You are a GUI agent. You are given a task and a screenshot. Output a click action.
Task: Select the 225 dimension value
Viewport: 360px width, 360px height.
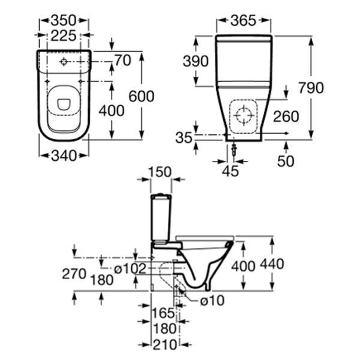(64, 37)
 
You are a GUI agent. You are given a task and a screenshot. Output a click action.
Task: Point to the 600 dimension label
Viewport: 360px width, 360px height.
(142, 97)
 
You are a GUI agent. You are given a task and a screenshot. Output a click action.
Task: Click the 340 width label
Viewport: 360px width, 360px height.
(64, 156)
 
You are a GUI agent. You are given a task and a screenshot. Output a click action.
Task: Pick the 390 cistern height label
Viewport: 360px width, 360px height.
(196, 61)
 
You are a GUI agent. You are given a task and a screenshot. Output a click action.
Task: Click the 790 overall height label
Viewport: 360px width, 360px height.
(311, 88)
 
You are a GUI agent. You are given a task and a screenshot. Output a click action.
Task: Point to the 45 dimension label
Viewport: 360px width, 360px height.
(230, 171)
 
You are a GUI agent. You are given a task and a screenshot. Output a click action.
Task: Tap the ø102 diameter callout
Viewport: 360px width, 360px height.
(131, 269)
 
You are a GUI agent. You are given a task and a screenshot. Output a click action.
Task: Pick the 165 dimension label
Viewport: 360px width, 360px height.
(163, 313)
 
